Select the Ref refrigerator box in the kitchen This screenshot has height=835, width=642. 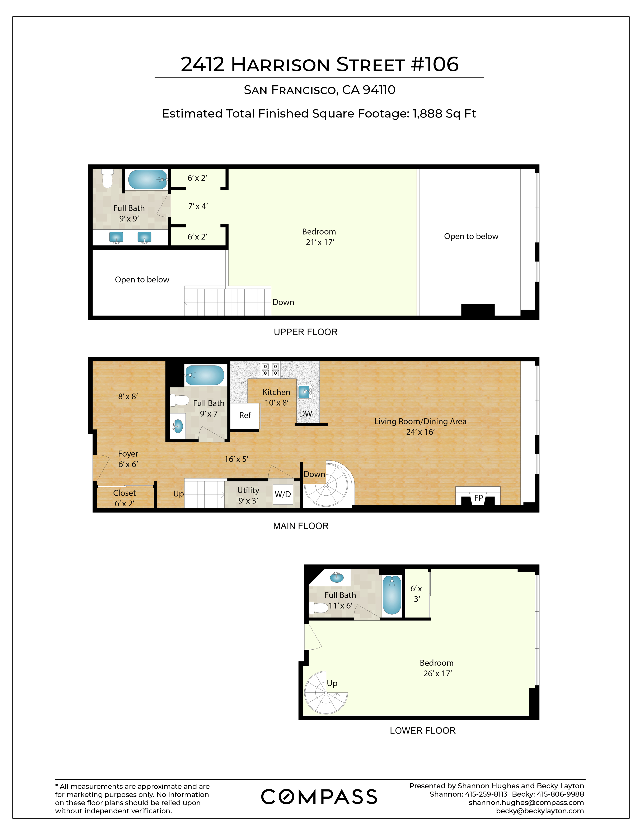(x=245, y=415)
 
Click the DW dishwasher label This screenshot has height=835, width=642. (x=305, y=414)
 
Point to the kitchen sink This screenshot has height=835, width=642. (x=305, y=392)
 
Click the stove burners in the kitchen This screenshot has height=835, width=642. (x=270, y=369)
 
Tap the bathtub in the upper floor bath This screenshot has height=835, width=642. (x=147, y=180)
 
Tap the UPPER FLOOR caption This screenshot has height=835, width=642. (x=306, y=332)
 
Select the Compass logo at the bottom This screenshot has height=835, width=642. (x=319, y=797)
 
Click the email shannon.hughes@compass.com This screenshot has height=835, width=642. (x=526, y=803)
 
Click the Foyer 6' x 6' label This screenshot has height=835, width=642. (x=128, y=459)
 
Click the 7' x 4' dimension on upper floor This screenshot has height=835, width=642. (x=198, y=206)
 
